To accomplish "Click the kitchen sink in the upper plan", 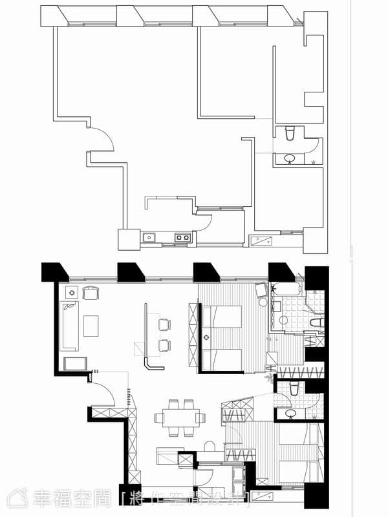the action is click(x=149, y=237).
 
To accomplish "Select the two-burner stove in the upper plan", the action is click(x=182, y=237).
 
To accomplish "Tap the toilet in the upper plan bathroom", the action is click(x=289, y=133).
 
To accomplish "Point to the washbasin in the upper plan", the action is click(x=290, y=158).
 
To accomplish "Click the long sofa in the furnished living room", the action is click(x=69, y=326).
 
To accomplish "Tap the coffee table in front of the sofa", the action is click(x=91, y=326).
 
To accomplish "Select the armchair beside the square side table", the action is click(x=91, y=293).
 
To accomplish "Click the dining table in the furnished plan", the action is click(x=180, y=417).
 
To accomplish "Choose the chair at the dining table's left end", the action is click(x=158, y=417).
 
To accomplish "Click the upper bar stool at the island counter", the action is click(x=165, y=324).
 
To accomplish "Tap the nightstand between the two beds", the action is click(x=206, y=337).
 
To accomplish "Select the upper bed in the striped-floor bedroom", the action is click(x=222, y=317).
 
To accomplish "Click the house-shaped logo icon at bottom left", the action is click(x=17, y=498).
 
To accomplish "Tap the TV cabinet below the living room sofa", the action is click(x=75, y=364).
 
